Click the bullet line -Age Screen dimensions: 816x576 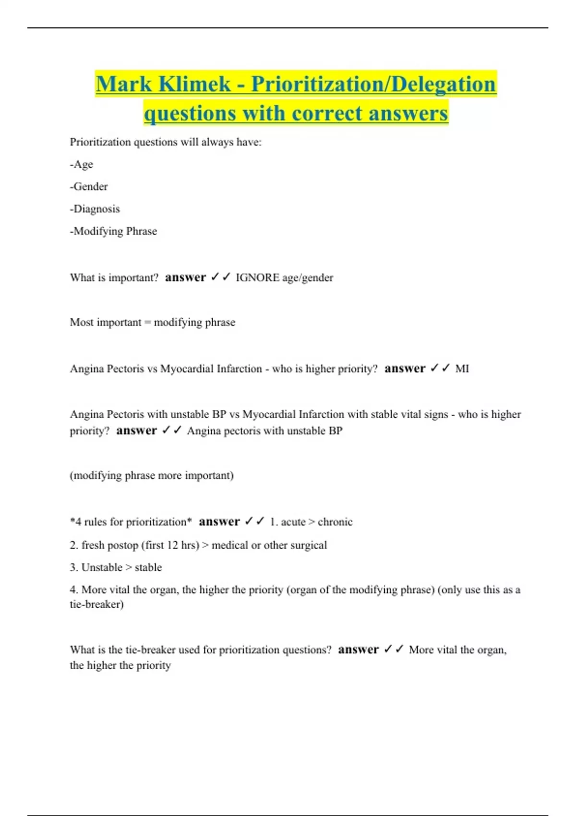(x=82, y=164)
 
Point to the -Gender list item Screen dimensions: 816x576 (x=89, y=186)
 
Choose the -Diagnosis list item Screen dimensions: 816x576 (x=95, y=209)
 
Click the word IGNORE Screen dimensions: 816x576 (x=257, y=277)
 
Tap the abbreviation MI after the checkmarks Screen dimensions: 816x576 (x=462, y=369)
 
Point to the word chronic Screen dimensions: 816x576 (x=335, y=522)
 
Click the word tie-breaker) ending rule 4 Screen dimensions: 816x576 (x=96, y=604)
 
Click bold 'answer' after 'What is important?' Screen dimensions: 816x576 (x=185, y=277)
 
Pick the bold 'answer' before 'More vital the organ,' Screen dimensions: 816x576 (x=358, y=649)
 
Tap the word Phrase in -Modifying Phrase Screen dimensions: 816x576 (x=141, y=231)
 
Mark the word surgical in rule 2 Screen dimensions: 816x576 (x=309, y=545)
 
